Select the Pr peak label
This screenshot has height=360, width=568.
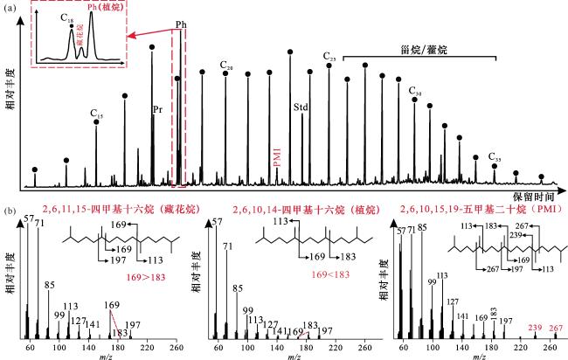pyautogui.click(x=156, y=109)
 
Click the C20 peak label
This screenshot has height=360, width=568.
pyautogui.click(x=226, y=66)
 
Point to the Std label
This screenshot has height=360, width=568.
pyautogui.click(x=301, y=107)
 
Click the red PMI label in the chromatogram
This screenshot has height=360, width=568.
pyautogui.click(x=278, y=157)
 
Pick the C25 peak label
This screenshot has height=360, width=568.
pyautogui.click(x=329, y=58)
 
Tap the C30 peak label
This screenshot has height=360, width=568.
pyautogui.click(x=415, y=91)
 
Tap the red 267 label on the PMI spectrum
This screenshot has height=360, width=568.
pyautogui.click(x=551, y=330)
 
